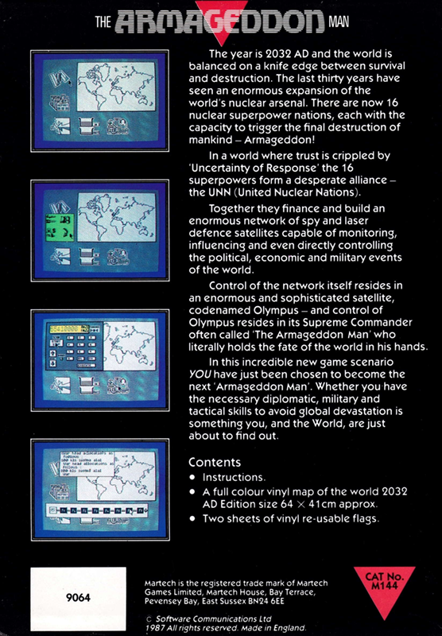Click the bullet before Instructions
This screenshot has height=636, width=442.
pos(194,478)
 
